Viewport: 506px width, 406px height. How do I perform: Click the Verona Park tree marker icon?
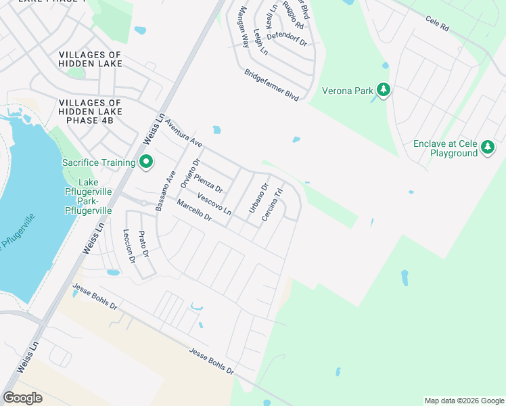tap(384, 90)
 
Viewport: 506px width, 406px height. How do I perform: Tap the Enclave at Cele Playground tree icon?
tap(487, 148)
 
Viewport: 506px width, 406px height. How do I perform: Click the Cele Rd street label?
tap(437, 26)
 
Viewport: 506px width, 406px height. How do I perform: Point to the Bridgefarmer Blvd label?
tap(271, 85)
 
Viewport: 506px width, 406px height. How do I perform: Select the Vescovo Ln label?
tap(214, 204)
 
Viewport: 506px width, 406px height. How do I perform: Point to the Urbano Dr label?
tap(258, 198)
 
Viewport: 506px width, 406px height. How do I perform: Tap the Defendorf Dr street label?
tap(287, 39)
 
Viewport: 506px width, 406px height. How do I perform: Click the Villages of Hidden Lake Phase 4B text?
tap(91, 111)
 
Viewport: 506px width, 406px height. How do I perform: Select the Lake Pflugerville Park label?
tap(95, 197)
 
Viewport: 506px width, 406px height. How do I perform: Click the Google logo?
tap(23, 398)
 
